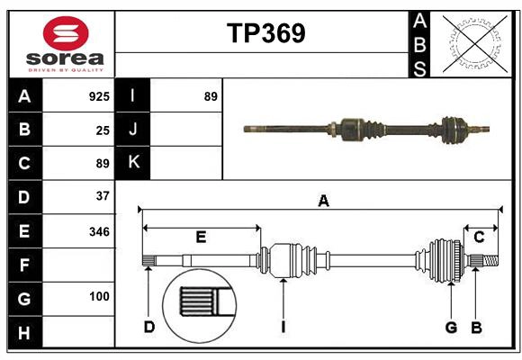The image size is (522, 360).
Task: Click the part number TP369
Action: tap(265, 33)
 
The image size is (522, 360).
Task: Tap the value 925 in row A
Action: tap(99, 96)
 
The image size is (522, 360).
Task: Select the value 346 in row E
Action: tap(99, 231)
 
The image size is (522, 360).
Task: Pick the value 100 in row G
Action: tap(99, 296)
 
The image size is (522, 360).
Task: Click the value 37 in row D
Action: tap(102, 195)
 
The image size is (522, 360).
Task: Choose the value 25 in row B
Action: tap(103, 130)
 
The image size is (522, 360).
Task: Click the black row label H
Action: tap(24, 333)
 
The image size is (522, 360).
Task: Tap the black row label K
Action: tap(133, 163)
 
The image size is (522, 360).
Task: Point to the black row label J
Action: tap(133, 130)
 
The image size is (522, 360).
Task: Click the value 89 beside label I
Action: tap(211, 96)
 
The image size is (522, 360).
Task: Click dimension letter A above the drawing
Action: tap(323, 202)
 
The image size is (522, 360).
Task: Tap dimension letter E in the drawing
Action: tap(201, 238)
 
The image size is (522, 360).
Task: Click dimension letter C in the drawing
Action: tap(480, 238)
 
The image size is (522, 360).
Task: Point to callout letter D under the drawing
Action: tap(149, 327)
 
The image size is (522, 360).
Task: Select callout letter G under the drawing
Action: tap(451, 327)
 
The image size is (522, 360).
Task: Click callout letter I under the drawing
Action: tap(283, 327)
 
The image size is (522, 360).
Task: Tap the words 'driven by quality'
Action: tap(65, 67)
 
